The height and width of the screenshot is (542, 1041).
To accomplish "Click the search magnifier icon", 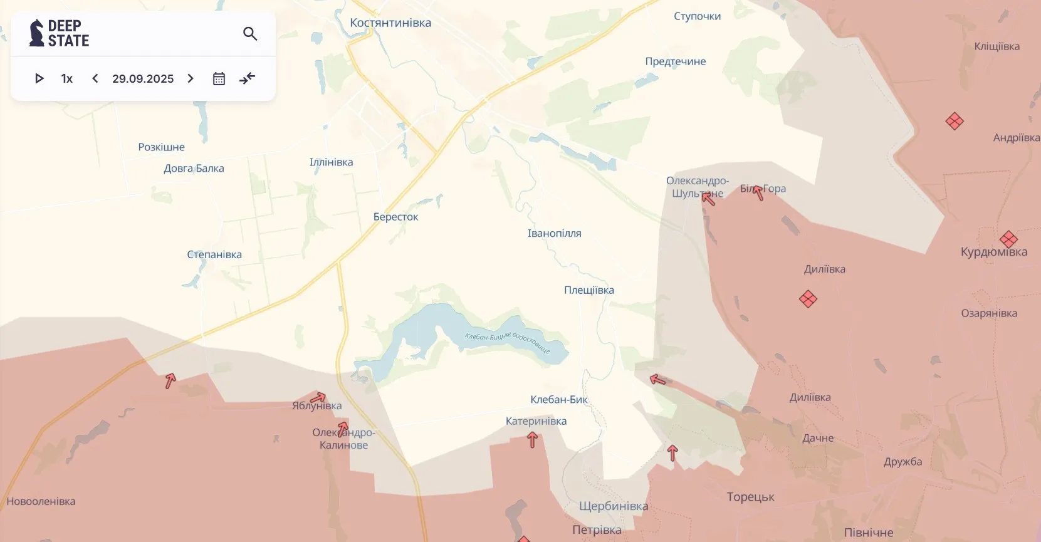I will point(250,34).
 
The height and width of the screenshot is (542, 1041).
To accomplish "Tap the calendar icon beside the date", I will point(219,79).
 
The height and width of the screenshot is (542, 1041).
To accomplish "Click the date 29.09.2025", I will point(143,79).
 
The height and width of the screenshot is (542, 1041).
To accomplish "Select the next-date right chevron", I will point(191,79).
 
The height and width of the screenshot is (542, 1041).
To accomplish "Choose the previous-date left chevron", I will point(95,79).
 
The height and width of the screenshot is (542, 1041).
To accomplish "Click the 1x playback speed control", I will point(67,79).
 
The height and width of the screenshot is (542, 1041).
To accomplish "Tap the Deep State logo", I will point(60,33).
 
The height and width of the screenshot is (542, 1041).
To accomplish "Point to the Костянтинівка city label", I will point(390,23).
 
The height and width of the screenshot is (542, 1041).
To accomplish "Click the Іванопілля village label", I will point(554,234).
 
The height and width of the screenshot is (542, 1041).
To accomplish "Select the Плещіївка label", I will point(589,290).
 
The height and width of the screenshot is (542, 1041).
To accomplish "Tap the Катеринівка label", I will point(536,421).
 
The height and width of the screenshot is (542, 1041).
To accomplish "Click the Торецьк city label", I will point(750,497).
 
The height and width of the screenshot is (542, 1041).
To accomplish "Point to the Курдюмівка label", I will point(993,252).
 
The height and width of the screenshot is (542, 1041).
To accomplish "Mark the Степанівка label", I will point(214,254).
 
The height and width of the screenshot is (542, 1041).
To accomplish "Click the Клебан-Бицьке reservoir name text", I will point(508,342).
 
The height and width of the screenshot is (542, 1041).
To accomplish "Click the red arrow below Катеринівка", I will point(532,440).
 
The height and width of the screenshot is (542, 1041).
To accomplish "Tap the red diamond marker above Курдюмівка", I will point(1008,239).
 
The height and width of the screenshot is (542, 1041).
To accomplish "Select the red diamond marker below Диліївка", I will point(808,299).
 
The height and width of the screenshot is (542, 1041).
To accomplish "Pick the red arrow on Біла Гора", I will point(758,192).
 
